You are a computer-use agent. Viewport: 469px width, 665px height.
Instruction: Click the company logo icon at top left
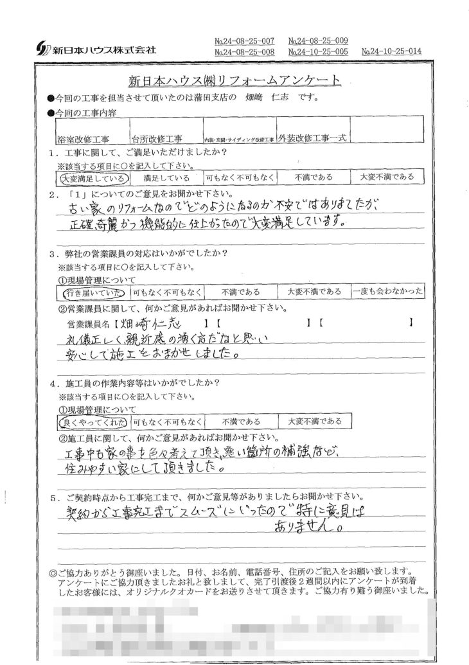[40, 48]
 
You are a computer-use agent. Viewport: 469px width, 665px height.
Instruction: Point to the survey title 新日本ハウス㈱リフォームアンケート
[235, 81]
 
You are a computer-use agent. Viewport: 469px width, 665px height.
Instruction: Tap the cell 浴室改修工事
[84, 138]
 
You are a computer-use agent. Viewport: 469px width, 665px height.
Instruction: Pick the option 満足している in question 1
[166, 177]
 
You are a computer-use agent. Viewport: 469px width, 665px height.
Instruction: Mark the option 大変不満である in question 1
[387, 177]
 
